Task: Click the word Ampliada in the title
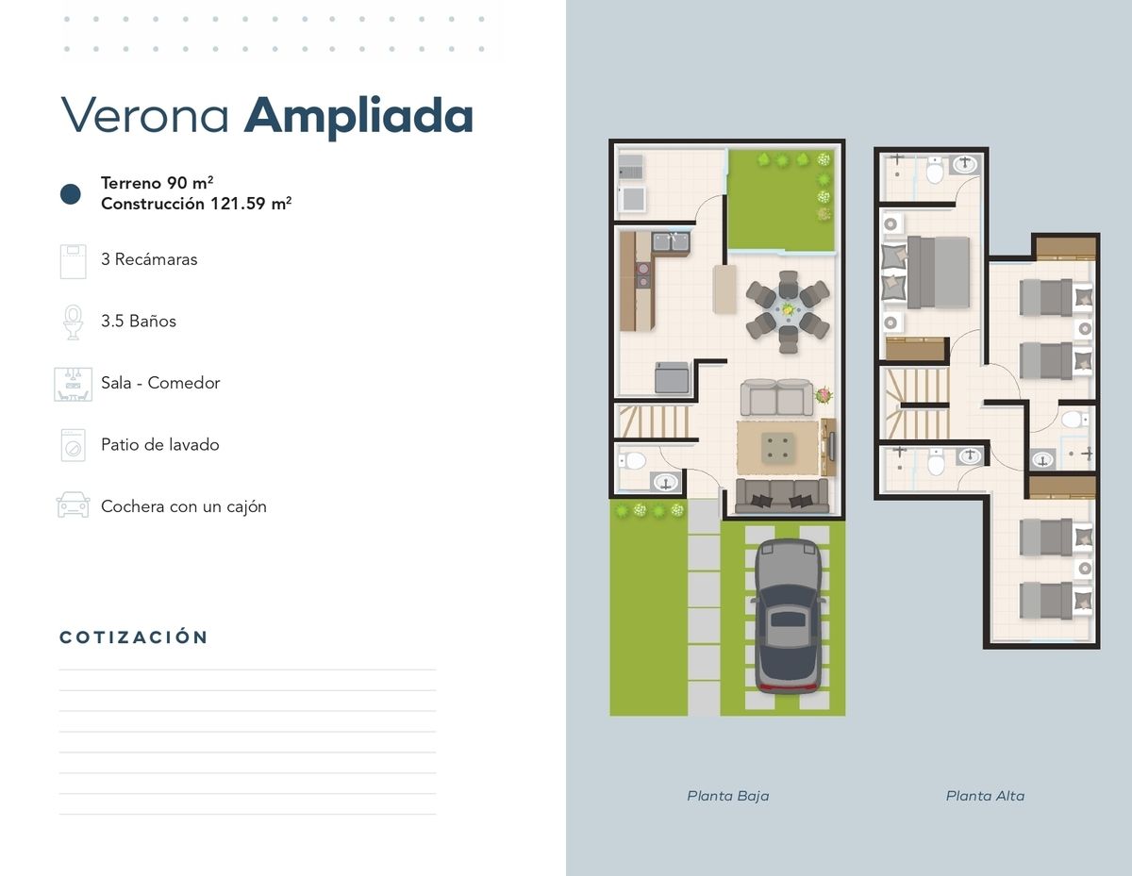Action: [x=358, y=117]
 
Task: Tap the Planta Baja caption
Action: [x=727, y=795]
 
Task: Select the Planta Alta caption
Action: [x=985, y=795]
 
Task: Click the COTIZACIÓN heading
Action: [x=133, y=636]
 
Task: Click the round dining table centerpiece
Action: [x=788, y=309]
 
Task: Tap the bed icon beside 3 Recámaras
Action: [x=73, y=261]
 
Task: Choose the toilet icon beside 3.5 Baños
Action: [x=73, y=322]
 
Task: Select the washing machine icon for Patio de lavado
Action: [x=73, y=445]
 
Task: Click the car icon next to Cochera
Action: [x=73, y=504]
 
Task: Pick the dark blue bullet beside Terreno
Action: [x=71, y=194]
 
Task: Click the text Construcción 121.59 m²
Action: [x=196, y=203]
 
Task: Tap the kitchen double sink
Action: [x=671, y=242]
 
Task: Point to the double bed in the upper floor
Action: [x=925, y=273]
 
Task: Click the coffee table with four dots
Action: [x=778, y=448]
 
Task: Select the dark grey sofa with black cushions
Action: [x=782, y=495]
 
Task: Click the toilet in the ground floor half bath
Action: [x=633, y=461]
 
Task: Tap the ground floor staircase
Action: [x=653, y=421]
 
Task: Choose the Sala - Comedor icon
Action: [x=73, y=385]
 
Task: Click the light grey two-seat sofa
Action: [x=776, y=397]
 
